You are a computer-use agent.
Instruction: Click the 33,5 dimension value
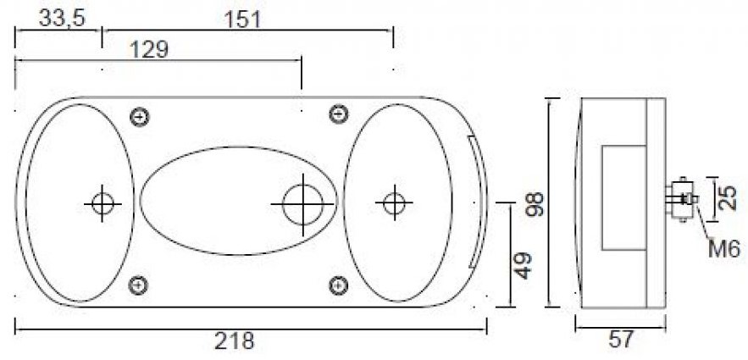62,19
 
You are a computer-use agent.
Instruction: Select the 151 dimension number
243,19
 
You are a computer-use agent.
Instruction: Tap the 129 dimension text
150,50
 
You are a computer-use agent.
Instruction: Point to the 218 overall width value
235,341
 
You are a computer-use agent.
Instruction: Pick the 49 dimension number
524,266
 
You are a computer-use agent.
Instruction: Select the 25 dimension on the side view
727,199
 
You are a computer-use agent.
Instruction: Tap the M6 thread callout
723,248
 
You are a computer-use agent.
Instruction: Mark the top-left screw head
140,117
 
